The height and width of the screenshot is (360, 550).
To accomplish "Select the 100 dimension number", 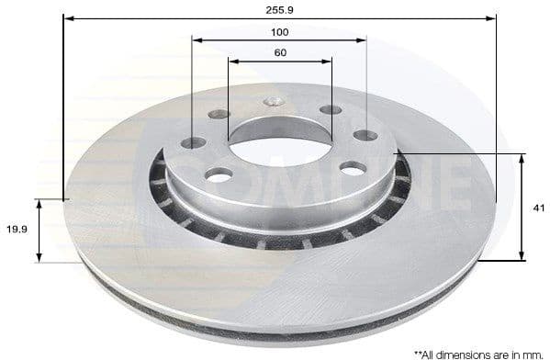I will click(x=280, y=31).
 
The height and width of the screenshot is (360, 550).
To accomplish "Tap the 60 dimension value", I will click(x=280, y=52).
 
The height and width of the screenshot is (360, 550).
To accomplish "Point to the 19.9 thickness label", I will click(x=17, y=231).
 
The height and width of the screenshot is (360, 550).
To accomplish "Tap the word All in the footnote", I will click(x=432, y=353).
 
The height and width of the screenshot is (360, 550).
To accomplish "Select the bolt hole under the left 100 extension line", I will click(x=194, y=143).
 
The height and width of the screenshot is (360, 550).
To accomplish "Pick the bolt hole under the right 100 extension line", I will click(x=365, y=134).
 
